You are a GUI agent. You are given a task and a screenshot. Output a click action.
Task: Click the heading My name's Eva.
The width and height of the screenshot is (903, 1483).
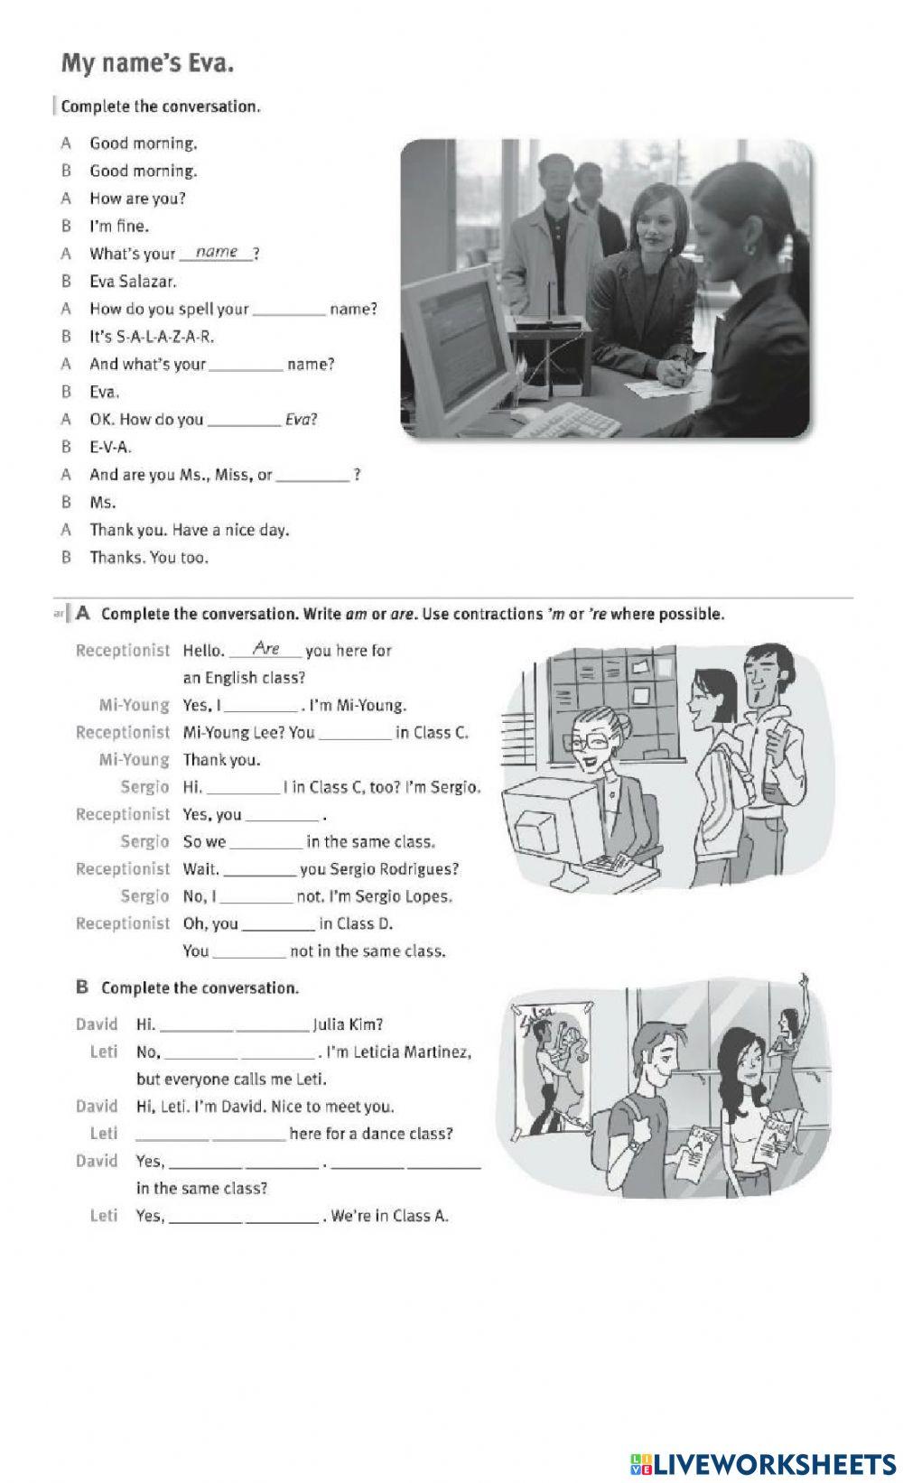click(148, 64)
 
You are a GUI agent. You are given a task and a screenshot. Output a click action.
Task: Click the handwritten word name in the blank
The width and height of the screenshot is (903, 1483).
click(217, 252)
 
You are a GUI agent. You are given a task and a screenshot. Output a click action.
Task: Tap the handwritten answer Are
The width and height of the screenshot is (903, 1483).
click(267, 648)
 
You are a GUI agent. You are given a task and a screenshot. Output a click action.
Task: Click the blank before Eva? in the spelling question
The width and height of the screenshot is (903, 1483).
click(244, 420)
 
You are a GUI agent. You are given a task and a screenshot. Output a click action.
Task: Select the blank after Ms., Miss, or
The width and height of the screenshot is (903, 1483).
click(312, 476)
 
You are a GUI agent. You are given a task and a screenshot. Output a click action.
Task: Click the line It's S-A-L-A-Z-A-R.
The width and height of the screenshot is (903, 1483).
click(152, 337)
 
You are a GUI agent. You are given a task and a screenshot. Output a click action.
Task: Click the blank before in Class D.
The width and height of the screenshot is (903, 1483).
click(279, 924)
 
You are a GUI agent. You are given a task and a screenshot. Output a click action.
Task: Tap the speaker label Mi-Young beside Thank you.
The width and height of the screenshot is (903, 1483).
click(134, 760)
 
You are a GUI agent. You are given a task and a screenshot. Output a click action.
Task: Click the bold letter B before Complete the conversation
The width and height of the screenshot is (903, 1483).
click(82, 987)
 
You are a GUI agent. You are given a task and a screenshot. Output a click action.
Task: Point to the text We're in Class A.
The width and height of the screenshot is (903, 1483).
click(390, 1216)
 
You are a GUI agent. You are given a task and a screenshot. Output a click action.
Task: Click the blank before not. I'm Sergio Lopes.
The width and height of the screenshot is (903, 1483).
click(256, 897)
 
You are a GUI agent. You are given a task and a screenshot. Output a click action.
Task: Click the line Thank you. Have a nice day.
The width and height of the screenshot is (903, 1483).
click(189, 530)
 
